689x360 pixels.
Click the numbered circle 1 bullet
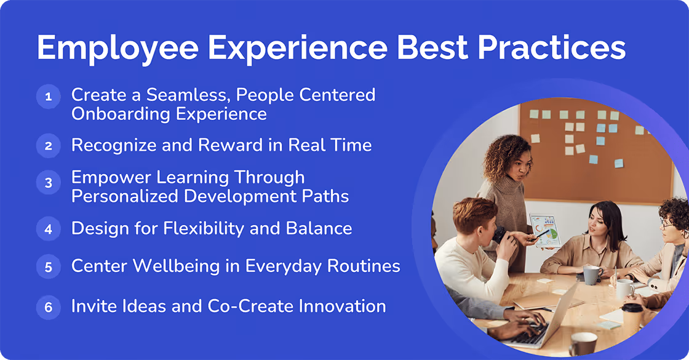48,97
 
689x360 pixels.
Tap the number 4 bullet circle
48,229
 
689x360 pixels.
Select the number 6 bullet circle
48,306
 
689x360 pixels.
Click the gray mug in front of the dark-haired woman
591,274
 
